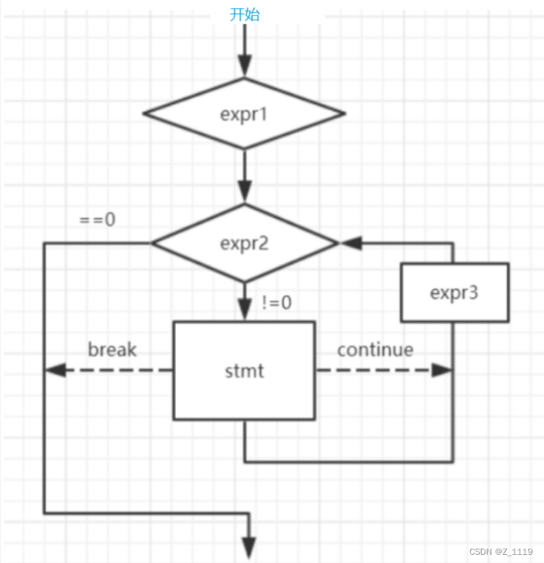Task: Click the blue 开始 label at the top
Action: coord(245,14)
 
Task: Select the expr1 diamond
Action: coord(245,114)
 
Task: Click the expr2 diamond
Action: coord(245,243)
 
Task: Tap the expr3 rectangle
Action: coord(454,292)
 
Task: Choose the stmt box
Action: coord(245,371)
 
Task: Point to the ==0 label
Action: coord(99,221)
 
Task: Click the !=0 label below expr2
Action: coord(276,303)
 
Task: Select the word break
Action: coord(113,350)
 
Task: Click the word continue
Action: coord(375,350)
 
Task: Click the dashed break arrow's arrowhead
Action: coord(54,371)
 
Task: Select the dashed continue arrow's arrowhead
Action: coord(442,371)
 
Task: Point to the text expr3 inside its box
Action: coord(454,292)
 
